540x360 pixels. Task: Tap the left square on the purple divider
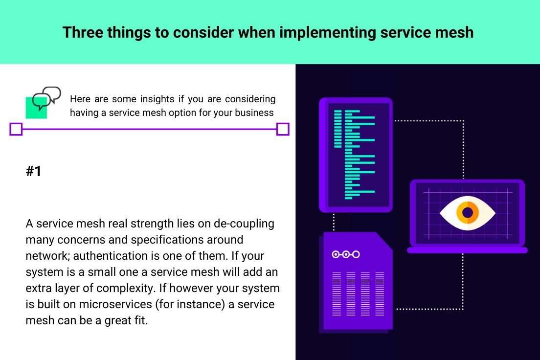(x=16, y=129)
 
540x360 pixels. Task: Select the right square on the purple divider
(x=283, y=129)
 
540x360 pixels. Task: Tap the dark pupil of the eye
(x=468, y=212)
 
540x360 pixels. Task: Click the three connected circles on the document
(x=345, y=254)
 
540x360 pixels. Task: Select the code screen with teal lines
(x=356, y=155)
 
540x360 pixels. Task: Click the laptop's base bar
(x=467, y=250)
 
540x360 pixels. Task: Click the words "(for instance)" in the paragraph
(x=194, y=304)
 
